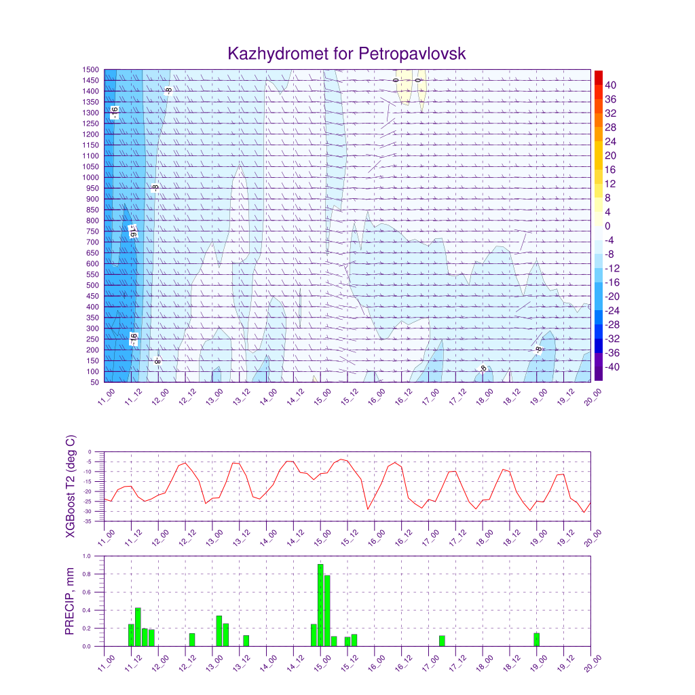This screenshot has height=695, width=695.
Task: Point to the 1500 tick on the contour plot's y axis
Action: (91, 69)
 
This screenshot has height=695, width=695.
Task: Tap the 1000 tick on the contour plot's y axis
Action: (91, 177)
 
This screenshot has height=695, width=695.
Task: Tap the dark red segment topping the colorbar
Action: (598, 77)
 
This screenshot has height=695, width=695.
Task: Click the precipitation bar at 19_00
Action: (536, 639)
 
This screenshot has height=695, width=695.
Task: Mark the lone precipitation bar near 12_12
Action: (192, 639)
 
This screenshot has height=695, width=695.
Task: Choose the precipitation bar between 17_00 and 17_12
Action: (442, 641)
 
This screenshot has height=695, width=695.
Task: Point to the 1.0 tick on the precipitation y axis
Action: (88, 556)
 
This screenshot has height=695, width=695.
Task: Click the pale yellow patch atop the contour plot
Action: (410, 83)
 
